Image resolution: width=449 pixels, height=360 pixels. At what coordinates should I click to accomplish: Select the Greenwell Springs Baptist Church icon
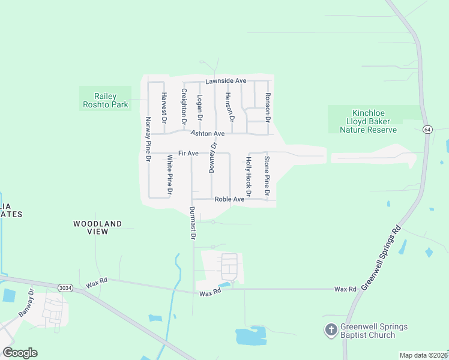[x=330, y=330]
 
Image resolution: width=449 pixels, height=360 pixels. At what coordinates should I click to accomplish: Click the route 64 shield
[x=427, y=129]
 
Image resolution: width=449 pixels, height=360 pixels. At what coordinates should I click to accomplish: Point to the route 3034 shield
[x=65, y=288]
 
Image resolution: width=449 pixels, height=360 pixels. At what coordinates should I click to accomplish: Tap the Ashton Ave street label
[x=208, y=133]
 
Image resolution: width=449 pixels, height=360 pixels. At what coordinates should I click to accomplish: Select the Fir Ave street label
[x=188, y=154]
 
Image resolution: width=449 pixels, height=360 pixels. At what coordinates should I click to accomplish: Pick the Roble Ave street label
[x=229, y=199]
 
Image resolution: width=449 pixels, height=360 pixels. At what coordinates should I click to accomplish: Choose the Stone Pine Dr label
[x=267, y=176]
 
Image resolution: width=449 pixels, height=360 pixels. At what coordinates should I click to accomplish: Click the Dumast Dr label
[x=193, y=223]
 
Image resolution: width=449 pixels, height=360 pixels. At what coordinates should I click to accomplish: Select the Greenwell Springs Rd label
[x=380, y=256]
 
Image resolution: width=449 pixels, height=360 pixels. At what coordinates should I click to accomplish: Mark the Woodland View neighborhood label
[x=98, y=227]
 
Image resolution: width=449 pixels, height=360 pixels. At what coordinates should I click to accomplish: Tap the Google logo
[x=20, y=352]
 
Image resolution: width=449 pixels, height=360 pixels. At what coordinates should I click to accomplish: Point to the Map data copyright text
[x=423, y=355]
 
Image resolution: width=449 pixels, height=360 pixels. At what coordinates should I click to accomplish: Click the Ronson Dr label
[x=268, y=108]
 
